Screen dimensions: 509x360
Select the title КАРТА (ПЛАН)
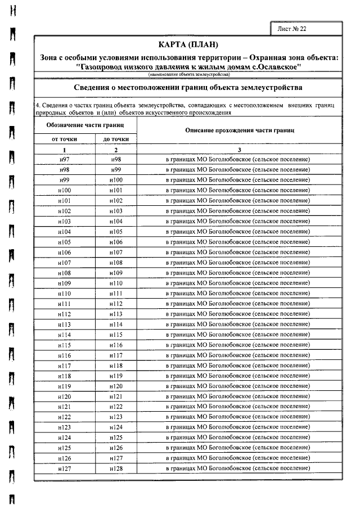click(x=188, y=45)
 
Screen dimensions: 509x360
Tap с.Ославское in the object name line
click(x=276, y=66)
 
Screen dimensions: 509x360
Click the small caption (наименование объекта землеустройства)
click(x=188, y=74)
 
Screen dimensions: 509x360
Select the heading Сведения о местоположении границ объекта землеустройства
click(x=188, y=88)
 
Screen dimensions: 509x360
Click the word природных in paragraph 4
click(x=49, y=112)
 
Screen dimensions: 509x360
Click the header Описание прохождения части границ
click(x=239, y=130)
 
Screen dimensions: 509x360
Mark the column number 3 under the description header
click(x=239, y=150)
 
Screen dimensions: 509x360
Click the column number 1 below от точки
click(x=64, y=150)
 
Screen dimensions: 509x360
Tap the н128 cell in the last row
click(x=116, y=468)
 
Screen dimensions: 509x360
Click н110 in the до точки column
click(x=116, y=283)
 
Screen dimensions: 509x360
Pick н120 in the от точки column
click(x=64, y=397)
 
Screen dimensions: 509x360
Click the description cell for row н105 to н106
click(x=239, y=242)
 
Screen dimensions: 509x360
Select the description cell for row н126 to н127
click(x=239, y=458)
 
